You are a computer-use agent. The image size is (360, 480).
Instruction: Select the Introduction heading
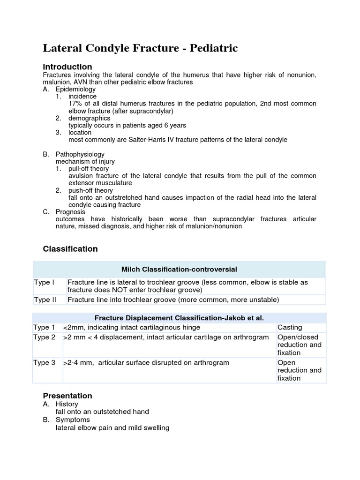tap(67, 67)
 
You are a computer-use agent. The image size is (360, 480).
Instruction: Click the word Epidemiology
tap(75, 89)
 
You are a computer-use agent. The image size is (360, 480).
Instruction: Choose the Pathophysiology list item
tap(80, 154)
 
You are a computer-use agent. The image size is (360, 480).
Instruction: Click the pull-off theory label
tap(89, 169)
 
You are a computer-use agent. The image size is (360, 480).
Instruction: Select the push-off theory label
tap(90, 191)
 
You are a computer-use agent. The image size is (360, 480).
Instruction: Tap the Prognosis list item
tap(71, 212)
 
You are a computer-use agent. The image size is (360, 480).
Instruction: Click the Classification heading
tap(70, 249)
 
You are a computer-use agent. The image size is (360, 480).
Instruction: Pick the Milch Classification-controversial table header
tap(179, 269)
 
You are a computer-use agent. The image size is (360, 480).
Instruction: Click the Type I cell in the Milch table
tap(44, 282)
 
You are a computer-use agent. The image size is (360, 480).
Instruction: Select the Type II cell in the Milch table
tap(45, 300)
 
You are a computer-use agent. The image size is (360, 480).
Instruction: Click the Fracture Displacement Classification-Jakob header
tap(179, 318)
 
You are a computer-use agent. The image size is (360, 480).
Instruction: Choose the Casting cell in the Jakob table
tap(290, 327)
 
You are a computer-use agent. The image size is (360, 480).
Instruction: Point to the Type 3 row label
tap(44, 362)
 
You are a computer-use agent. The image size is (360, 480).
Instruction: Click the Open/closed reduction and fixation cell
tap(299, 345)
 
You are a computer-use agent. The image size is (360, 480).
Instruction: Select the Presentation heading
tap(67, 396)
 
